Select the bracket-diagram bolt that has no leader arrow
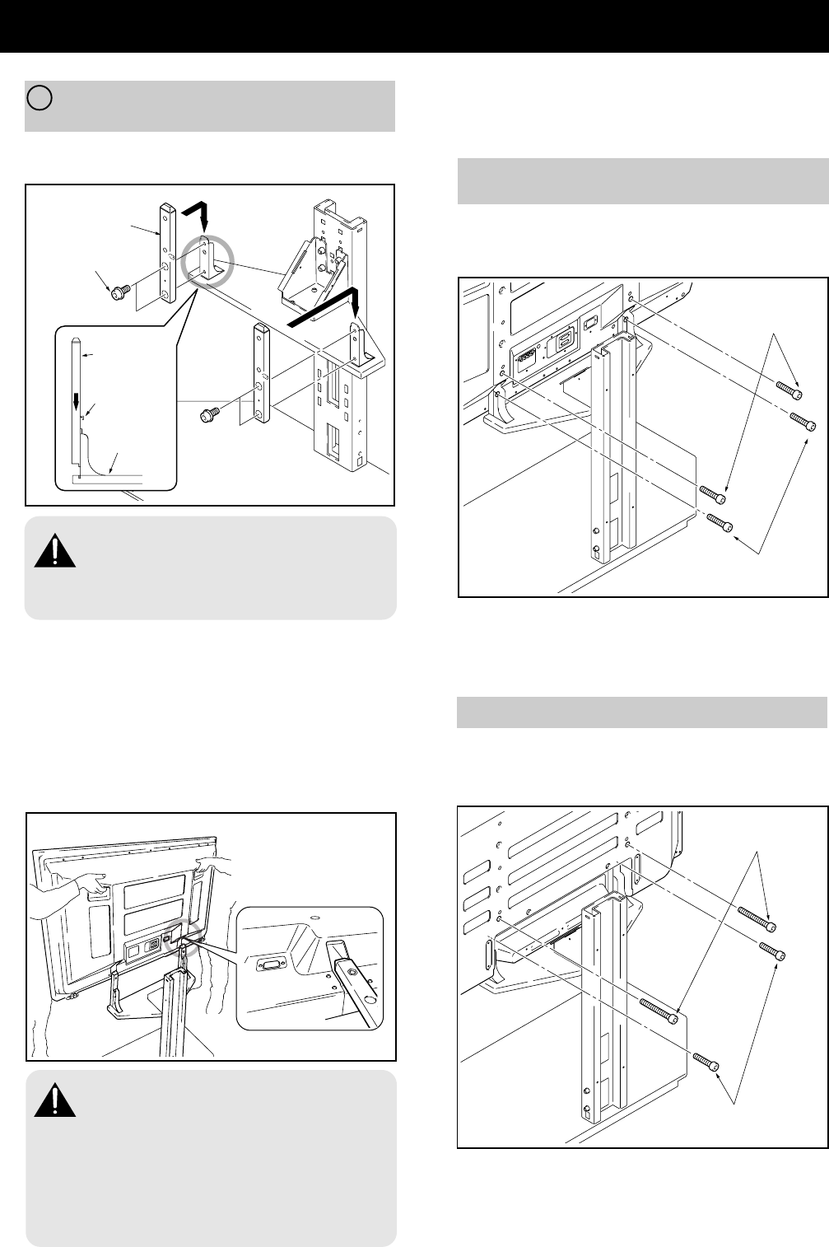coord(209,416)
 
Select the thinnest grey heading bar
coord(641,712)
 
